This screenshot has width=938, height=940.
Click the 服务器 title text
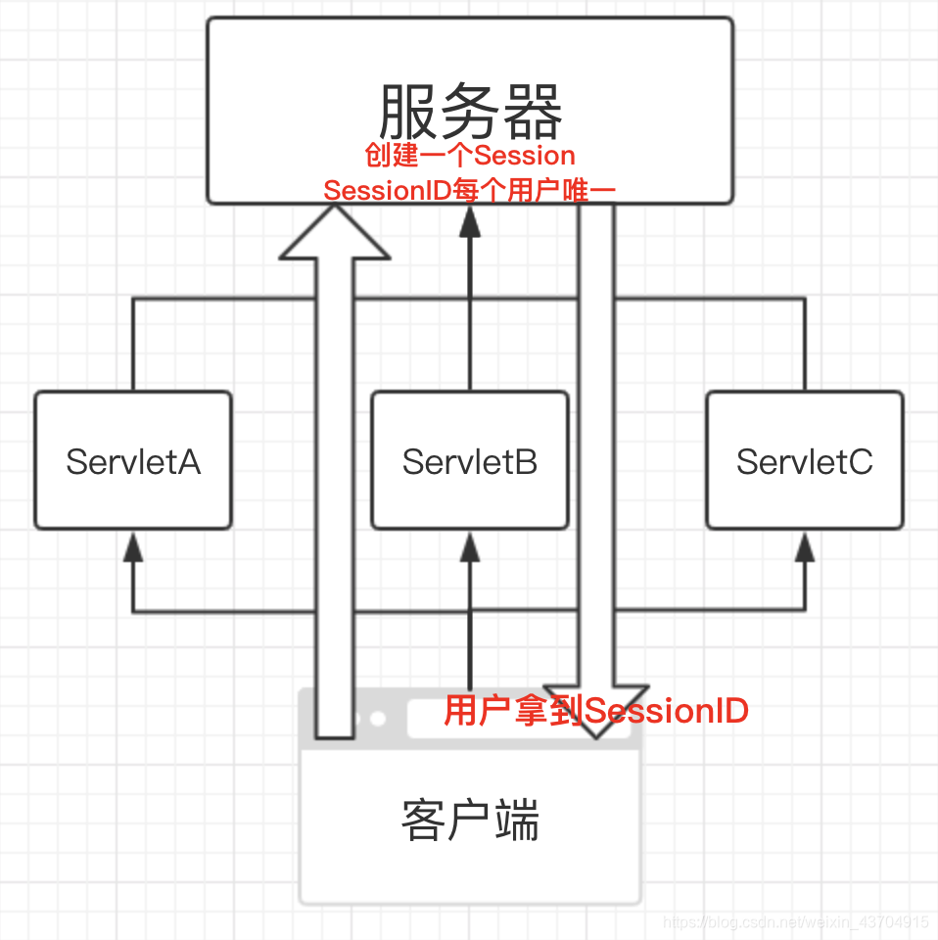(x=470, y=111)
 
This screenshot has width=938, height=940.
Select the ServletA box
(x=133, y=460)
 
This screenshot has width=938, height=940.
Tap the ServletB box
(x=470, y=460)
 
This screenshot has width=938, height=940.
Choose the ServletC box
(x=804, y=460)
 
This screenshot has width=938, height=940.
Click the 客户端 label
(x=470, y=821)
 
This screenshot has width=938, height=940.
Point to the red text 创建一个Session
(x=470, y=156)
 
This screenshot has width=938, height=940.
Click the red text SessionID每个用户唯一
(x=470, y=190)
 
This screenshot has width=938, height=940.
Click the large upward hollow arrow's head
(x=335, y=236)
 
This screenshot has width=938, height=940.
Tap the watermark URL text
(x=795, y=922)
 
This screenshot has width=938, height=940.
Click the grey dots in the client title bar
(x=368, y=719)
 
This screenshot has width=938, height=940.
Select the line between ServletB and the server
(x=470, y=313)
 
